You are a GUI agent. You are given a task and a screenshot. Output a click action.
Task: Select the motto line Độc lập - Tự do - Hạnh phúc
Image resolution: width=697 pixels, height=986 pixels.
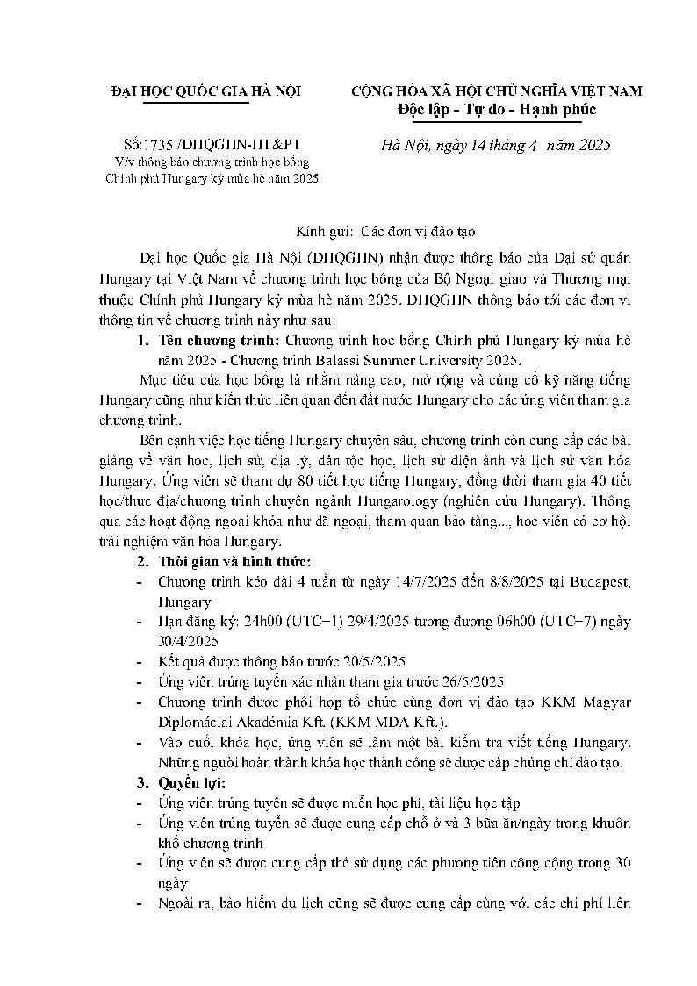497,110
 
